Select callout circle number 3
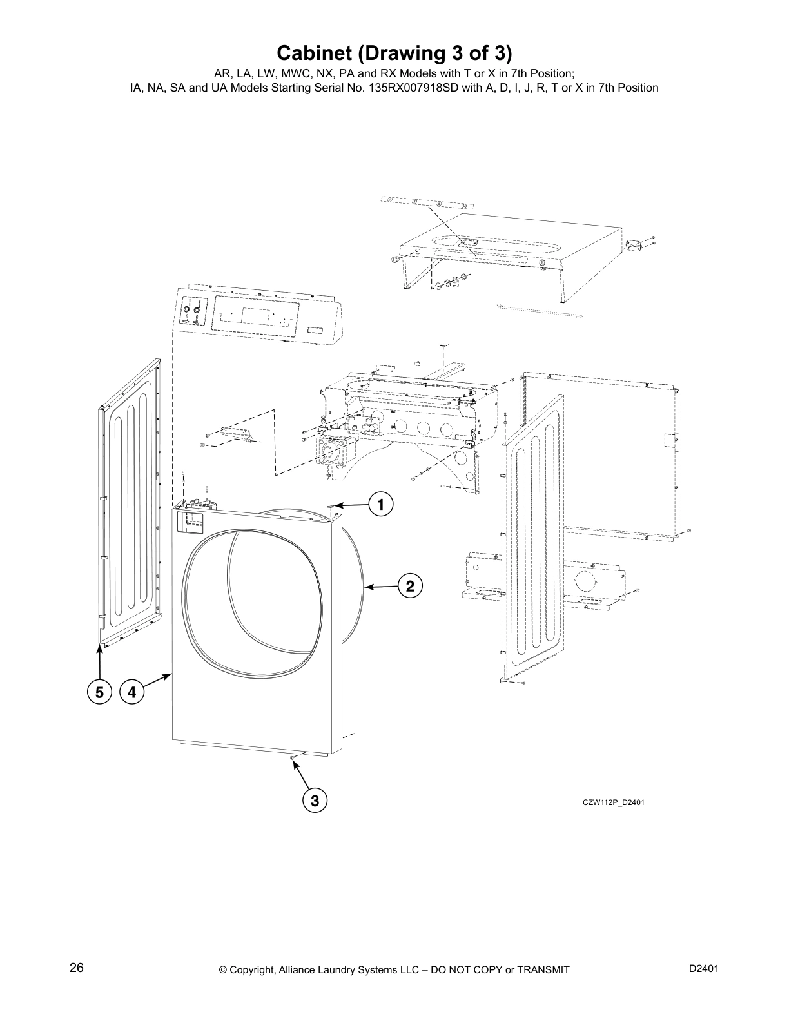tap(315, 801)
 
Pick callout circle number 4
tap(132, 693)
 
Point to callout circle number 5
tap(99, 693)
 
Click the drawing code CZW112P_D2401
tap(613, 802)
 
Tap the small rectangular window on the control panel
tap(316, 330)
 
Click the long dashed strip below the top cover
tap(538, 310)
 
